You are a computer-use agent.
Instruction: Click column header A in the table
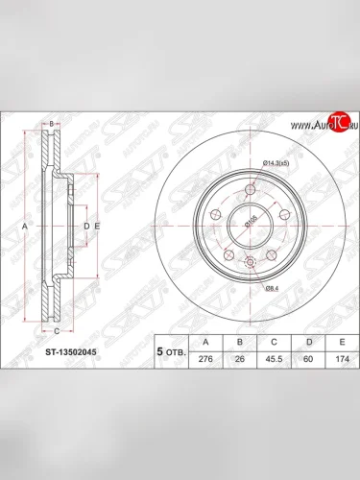click(204, 340)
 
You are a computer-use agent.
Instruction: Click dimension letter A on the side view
click(26, 226)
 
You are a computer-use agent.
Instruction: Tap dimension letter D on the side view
click(85, 226)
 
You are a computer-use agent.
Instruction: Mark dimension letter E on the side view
click(97, 226)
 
